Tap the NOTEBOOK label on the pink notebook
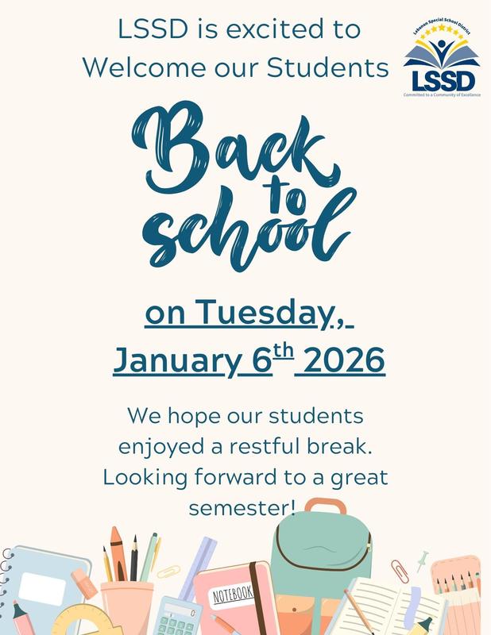[232, 593]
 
